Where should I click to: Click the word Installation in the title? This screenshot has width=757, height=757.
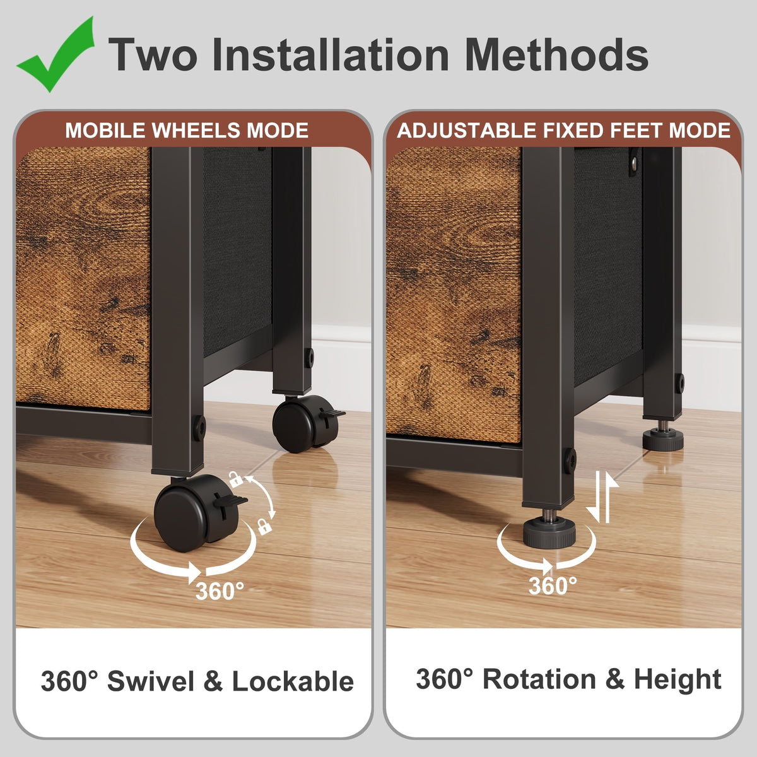point(331,54)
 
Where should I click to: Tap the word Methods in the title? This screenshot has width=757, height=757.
point(556,54)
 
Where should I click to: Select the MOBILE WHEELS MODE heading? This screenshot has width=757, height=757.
point(187,131)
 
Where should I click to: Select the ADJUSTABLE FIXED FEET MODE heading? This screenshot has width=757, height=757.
point(564,131)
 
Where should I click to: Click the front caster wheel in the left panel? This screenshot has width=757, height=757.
point(189,513)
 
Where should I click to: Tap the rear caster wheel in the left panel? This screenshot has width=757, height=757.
point(303,423)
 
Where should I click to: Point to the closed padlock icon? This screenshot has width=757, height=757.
point(264,526)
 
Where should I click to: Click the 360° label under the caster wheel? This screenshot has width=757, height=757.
point(220,590)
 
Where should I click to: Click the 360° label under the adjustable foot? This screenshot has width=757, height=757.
point(553,585)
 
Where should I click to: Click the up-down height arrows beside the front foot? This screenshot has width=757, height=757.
point(602,497)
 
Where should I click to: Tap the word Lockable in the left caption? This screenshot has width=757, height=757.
point(293,681)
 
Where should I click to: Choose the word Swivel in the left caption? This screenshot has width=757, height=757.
point(151,681)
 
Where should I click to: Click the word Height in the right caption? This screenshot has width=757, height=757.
point(678,679)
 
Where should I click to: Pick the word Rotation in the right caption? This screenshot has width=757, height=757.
point(539,679)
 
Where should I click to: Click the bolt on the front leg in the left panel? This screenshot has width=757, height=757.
point(199,428)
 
